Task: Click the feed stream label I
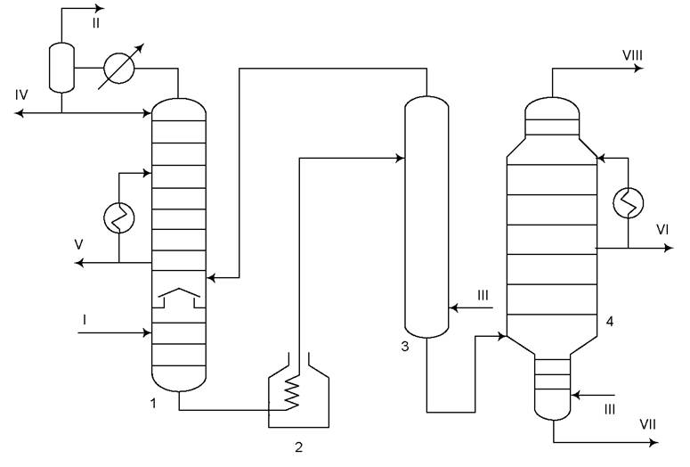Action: pos(84,320)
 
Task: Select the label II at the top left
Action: pos(96,23)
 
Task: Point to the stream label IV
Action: pos(21,94)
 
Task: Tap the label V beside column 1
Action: pos(78,244)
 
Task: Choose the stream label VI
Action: pos(662,230)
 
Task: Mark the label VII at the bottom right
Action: pos(647,425)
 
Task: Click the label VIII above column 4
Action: pos(632,55)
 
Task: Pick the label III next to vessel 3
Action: pos(483,295)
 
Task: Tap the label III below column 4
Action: pos(610,410)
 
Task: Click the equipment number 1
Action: pos(153,403)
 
